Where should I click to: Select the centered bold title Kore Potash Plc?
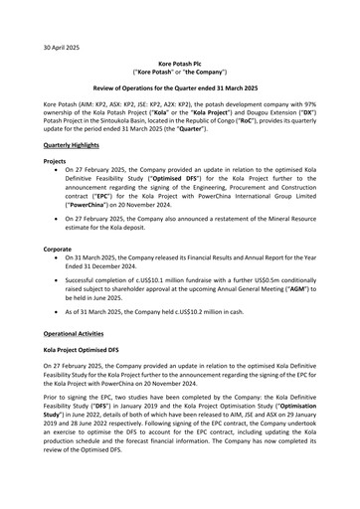(179, 63)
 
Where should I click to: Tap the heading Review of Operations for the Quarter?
(179, 87)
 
